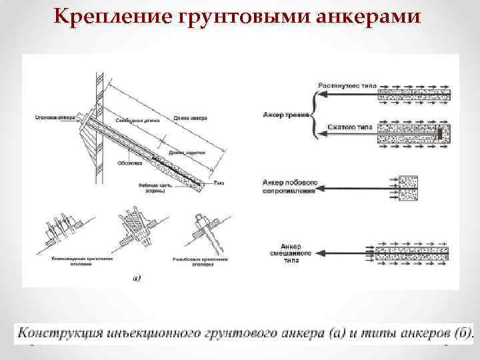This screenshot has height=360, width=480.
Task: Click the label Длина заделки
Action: [185, 153]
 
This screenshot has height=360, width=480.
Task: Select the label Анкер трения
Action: [286, 115]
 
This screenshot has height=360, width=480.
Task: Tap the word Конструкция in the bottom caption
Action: [61, 332]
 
